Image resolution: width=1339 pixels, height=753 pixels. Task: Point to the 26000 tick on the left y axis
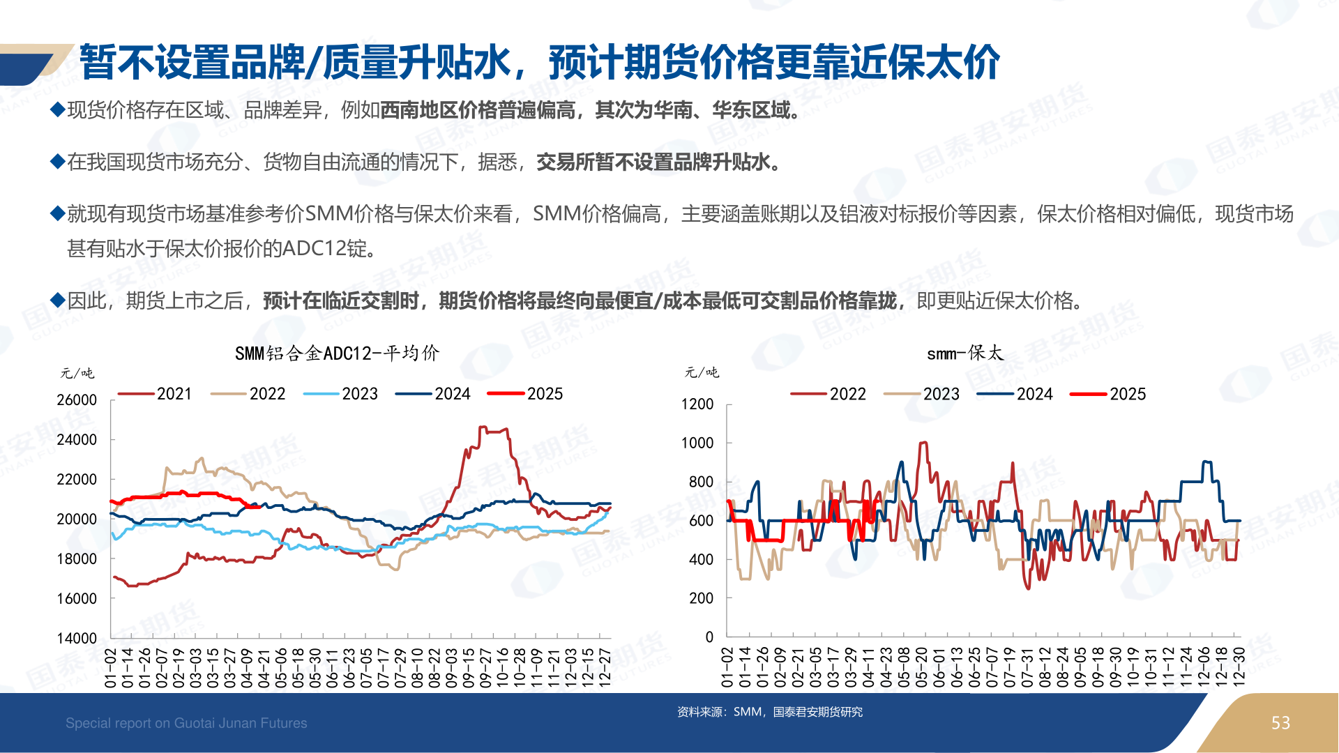pyautogui.click(x=77, y=400)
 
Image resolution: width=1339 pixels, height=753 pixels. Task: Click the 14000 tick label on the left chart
pyautogui.click(x=77, y=638)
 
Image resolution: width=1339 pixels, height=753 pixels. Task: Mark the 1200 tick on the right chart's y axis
pyautogui.click(x=697, y=404)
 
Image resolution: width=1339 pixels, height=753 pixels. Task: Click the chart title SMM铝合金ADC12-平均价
pyautogui.click(x=337, y=353)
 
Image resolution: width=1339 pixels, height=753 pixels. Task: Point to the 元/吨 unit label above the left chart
pyautogui.click(x=77, y=373)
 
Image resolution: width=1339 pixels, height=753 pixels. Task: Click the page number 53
pyautogui.click(x=1280, y=723)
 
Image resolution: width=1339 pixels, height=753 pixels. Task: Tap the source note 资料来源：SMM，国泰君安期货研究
pyautogui.click(x=769, y=712)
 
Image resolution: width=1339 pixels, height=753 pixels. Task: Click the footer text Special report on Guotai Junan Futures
pyautogui.click(x=186, y=723)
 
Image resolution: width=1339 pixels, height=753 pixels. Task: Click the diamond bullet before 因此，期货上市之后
pyautogui.click(x=58, y=301)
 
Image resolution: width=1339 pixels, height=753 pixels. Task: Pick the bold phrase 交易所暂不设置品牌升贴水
pyautogui.click(x=653, y=162)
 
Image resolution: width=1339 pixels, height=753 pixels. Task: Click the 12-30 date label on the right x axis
pyautogui.click(x=1239, y=667)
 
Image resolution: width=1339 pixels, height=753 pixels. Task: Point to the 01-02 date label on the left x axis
pyautogui.click(x=111, y=667)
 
